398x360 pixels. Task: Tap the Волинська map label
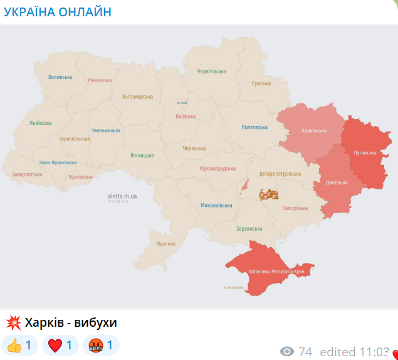pyautogui.click(x=60, y=77)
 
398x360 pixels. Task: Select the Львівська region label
pyautogui.click(x=40, y=123)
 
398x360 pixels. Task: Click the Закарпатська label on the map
pyautogui.click(x=27, y=174)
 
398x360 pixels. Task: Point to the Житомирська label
pyautogui.click(x=137, y=97)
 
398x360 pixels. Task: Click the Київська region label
pyautogui.click(x=186, y=116)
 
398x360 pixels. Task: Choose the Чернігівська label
pyautogui.click(x=211, y=71)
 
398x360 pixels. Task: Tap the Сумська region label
pyautogui.click(x=261, y=83)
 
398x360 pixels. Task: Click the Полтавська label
pyautogui.click(x=254, y=127)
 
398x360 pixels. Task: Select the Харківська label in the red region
pyautogui.click(x=313, y=130)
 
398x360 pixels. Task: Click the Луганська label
pyautogui.click(x=365, y=152)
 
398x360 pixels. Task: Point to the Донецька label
pyautogui.click(x=337, y=183)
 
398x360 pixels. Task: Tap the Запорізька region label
pyautogui.click(x=295, y=208)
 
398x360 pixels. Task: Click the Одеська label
pyautogui.click(x=165, y=243)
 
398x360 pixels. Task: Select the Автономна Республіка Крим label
pyautogui.click(x=273, y=272)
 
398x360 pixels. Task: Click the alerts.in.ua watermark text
pyautogui.click(x=122, y=196)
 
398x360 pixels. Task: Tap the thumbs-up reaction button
pyautogui.click(x=20, y=345)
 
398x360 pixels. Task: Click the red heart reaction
pyautogui.click(x=61, y=345)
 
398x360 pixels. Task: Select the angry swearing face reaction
pyautogui.click(x=101, y=345)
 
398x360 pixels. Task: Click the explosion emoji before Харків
pyautogui.click(x=13, y=323)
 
